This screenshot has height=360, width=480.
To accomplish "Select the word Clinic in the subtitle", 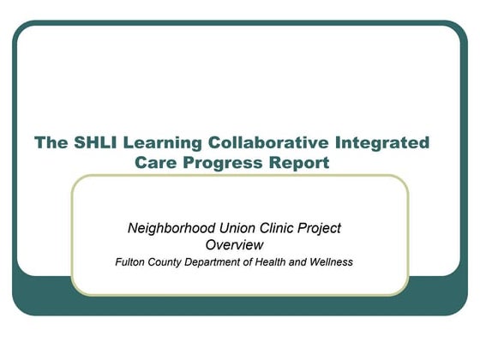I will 271,228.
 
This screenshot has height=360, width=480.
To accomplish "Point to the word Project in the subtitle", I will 317,228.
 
